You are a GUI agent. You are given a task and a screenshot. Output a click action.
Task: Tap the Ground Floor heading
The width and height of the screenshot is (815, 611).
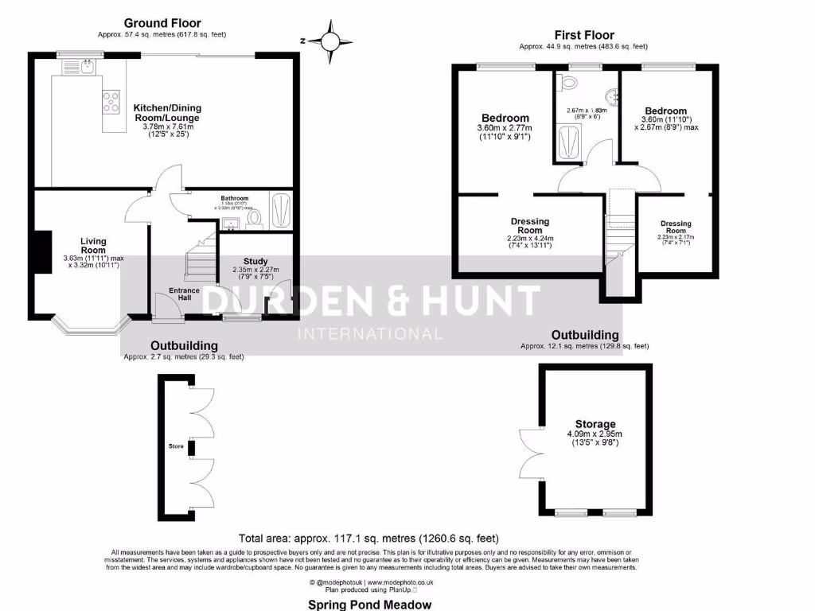coord(162,23)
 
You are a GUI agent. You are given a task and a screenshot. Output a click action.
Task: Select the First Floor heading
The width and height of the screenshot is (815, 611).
coord(584,35)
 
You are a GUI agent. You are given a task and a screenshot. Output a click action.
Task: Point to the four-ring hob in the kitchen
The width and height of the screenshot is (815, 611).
coord(109,100)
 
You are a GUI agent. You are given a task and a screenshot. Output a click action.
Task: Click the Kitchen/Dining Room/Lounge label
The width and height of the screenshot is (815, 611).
coord(167,112)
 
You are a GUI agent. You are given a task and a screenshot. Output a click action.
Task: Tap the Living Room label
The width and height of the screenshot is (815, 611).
coord(92,245)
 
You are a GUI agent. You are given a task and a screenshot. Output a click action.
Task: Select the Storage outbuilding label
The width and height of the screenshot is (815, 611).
coord(595,424)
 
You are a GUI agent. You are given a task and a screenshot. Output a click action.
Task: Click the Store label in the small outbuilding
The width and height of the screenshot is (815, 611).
coord(175,446)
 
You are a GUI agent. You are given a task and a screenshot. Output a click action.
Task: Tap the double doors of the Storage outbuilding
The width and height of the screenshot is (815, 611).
coord(529,453)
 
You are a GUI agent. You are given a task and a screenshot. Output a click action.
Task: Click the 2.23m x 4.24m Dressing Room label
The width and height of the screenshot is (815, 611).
coord(529,226)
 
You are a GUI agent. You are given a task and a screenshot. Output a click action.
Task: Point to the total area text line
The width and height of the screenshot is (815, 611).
coord(369,538)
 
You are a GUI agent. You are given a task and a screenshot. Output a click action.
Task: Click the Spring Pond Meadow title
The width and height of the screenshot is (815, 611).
coord(370,604)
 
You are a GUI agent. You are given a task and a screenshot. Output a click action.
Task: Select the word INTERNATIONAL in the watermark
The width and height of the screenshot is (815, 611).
coord(369,333)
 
